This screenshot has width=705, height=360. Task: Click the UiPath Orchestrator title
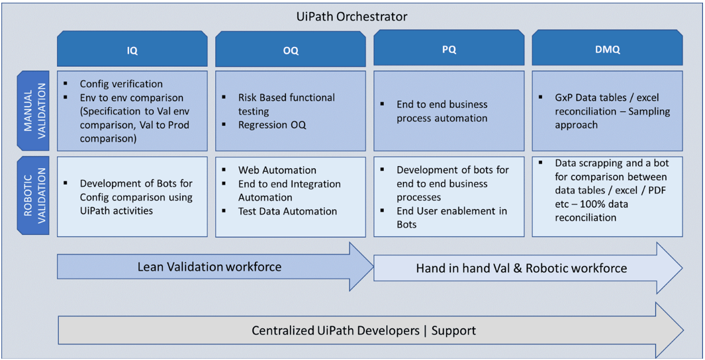pyautogui.click(x=352, y=16)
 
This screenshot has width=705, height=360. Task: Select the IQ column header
pyautogui.click(x=132, y=50)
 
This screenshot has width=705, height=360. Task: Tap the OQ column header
pyautogui.click(x=290, y=50)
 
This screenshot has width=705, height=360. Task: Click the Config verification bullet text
pyautogui.click(x=121, y=84)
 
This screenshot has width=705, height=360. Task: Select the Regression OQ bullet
pyautogui.click(x=272, y=125)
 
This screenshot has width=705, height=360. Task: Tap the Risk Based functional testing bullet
pyautogui.click(x=286, y=104)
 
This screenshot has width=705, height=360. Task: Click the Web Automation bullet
pyautogui.click(x=277, y=170)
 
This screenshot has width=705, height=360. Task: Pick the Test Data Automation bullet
pyautogui.click(x=287, y=211)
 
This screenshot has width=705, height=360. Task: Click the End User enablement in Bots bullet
pyautogui.click(x=451, y=218)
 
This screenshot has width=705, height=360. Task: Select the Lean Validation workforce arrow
pyautogui.click(x=209, y=267)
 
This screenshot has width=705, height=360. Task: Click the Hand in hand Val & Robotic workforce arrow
pyautogui.click(x=521, y=268)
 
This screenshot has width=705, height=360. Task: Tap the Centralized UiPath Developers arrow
pyautogui.click(x=336, y=330)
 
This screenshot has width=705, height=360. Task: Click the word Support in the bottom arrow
pyautogui.click(x=453, y=330)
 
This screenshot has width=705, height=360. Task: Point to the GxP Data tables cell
pyautogui.click(x=607, y=111)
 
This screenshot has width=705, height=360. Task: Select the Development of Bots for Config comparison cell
pyautogui.click(x=136, y=197)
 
